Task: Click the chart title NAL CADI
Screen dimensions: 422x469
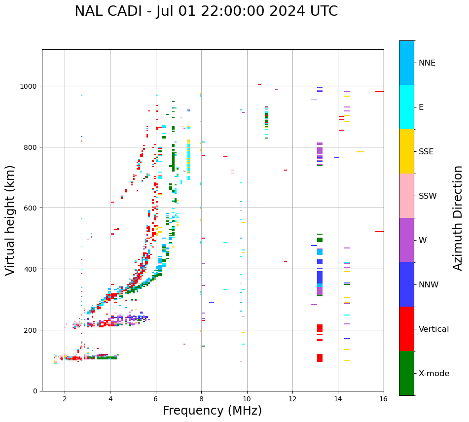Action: click(206, 11)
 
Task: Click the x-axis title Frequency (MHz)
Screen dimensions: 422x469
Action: click(212, 411)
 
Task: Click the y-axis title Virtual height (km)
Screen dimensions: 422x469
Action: click(10, 220)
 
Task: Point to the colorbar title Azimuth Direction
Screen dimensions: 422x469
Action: click(458, 218)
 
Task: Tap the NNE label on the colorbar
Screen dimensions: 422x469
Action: click(427, 63)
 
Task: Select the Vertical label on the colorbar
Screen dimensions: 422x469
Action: click(433, 329)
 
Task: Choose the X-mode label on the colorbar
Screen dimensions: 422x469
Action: click(434, 373)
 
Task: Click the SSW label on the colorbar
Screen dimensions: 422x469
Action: click(428, 196)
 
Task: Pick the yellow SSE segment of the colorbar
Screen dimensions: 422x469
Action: click(406, 151)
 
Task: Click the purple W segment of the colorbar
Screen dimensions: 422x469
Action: click(406, 240)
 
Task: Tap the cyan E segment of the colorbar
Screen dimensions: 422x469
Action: click(406, 107)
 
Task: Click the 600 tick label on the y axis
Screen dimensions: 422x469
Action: click(32, 208)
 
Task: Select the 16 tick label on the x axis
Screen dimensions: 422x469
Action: click(383, 399)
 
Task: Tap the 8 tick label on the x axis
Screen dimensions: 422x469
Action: click(201, 399)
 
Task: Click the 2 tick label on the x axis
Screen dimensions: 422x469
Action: click(65, 399)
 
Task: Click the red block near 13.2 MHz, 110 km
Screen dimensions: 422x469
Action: click(320, 358)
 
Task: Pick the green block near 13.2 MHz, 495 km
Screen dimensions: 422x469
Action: click(320, 240)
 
